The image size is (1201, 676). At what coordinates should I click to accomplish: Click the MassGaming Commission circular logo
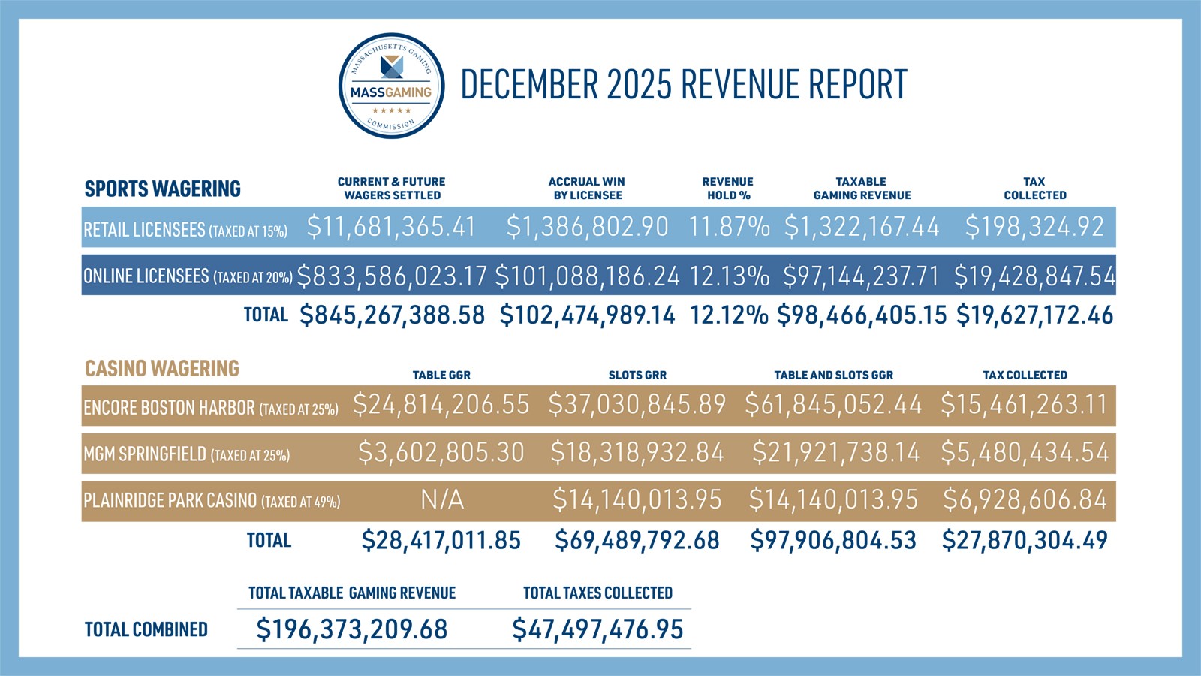(x=391, y=86)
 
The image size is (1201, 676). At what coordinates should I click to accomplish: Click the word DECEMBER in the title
(x=525, y=84)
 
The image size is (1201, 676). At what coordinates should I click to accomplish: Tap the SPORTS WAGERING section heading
(x=162, y=189)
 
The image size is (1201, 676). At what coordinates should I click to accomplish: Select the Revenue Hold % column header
(x=727, y=189)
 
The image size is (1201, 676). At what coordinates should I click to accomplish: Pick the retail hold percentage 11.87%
(x=729, y=227)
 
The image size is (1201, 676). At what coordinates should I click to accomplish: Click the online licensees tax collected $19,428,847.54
(x=1034, y=276)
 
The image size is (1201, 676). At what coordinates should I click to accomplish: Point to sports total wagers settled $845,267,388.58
(x=392, y=315)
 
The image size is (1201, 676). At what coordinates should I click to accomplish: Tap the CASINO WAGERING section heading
(x=161, y=369)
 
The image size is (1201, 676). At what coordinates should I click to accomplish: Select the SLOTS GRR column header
(x=637, y=375)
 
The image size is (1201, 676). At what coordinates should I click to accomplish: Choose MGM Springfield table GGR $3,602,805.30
(x=441, y=452)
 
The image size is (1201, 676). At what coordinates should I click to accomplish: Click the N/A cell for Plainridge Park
(x=441, y=499)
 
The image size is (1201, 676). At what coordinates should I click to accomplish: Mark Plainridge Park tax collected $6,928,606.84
(x=1025, y=499)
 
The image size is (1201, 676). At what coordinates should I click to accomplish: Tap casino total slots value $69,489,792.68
(x=637, y=541)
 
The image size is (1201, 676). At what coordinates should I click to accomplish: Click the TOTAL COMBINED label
(x=146, y=629)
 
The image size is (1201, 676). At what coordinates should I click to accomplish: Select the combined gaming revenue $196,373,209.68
(x=351, y=629)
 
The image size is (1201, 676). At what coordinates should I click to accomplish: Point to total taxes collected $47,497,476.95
(x=597, y=629)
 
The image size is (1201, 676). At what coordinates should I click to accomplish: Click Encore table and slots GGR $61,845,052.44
(x=833, y=405)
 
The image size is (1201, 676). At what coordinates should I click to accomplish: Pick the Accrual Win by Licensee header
(x=587, y=189)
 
